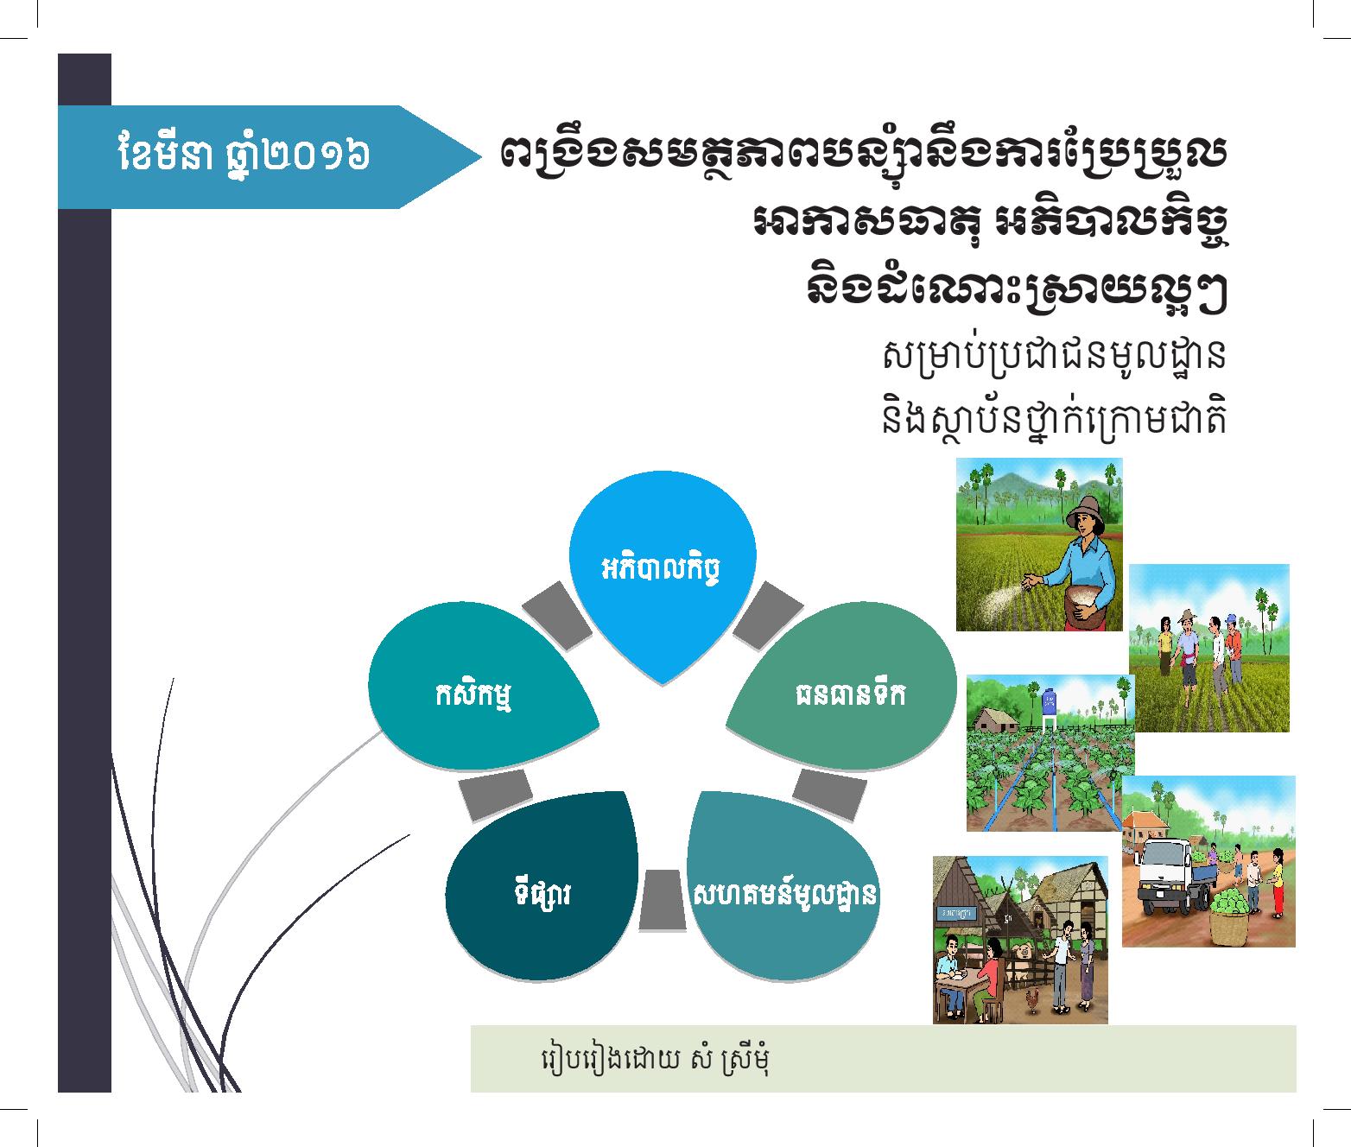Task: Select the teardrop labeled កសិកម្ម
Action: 480,687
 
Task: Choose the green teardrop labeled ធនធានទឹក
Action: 843,687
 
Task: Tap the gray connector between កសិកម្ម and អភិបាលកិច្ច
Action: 557,616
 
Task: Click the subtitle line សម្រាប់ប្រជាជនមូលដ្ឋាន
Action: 1053,356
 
